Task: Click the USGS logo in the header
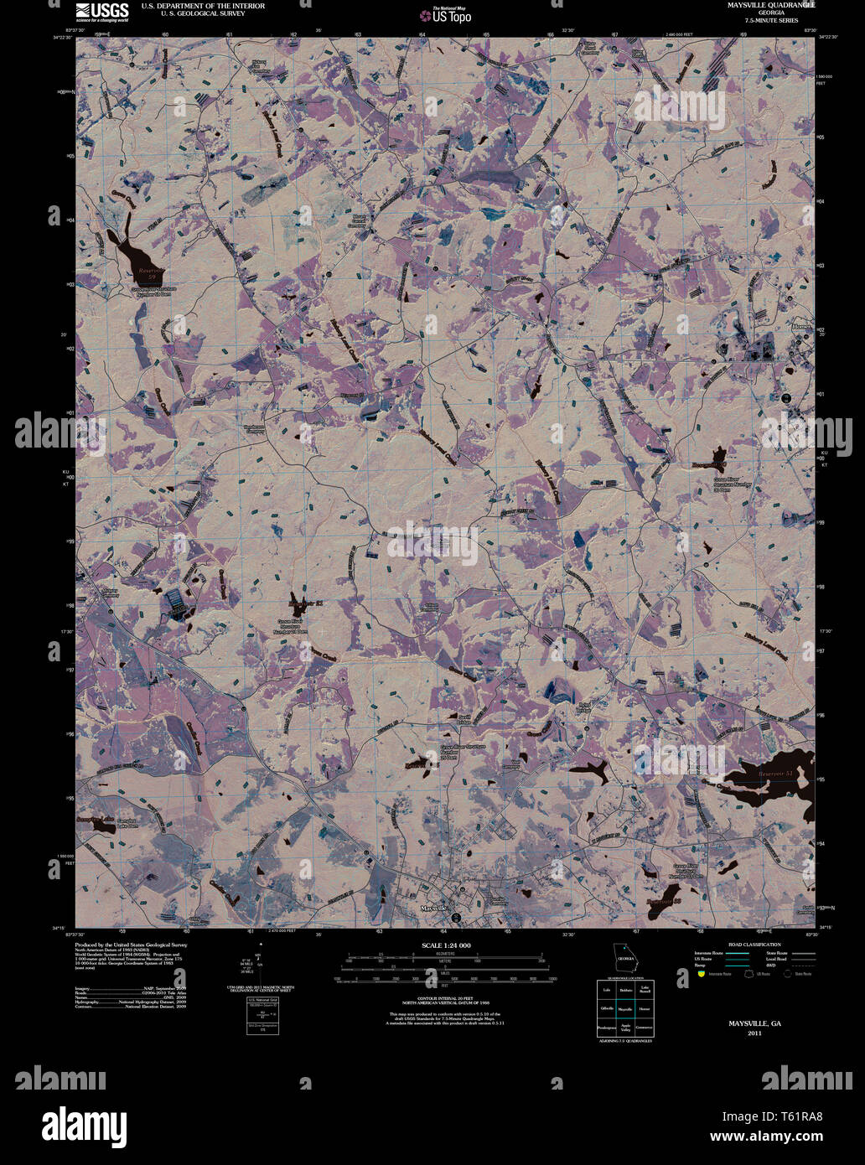[101, 12]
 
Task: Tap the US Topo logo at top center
[446, 14]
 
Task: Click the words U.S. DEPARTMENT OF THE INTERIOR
[203, 6]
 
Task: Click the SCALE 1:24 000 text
[446, 945]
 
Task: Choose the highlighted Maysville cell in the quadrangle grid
[624, 1008]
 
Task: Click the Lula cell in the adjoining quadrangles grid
[605, 990]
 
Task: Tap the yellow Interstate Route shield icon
[699, 974]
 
